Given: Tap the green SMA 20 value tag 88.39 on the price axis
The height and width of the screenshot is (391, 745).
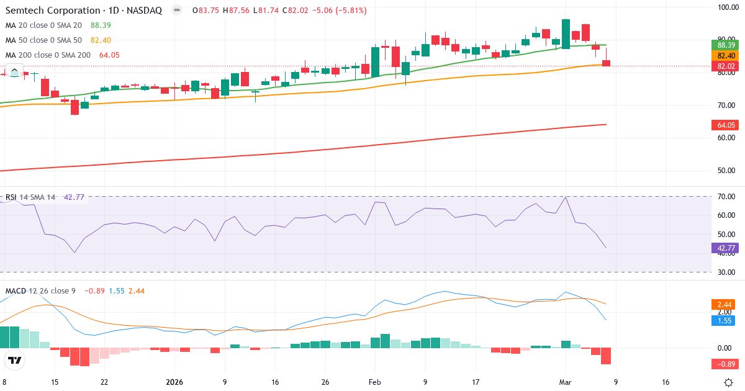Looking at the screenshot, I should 726,45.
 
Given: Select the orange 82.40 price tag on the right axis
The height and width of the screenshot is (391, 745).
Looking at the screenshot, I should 726,56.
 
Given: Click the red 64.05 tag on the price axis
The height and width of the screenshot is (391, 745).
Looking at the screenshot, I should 726,125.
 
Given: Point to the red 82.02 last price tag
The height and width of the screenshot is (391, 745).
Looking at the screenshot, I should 726,66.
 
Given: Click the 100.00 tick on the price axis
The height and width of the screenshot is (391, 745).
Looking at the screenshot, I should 726,7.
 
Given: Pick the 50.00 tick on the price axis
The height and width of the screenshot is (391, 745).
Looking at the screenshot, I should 726,171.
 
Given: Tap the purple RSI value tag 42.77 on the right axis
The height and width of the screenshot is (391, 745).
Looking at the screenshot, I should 726,248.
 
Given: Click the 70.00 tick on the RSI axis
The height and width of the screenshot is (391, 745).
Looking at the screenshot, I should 726,197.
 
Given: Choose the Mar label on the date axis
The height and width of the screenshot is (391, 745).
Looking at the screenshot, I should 565,382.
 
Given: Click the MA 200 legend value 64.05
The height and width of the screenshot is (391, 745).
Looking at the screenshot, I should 109,55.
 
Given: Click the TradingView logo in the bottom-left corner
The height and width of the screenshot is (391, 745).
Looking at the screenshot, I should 15,360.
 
